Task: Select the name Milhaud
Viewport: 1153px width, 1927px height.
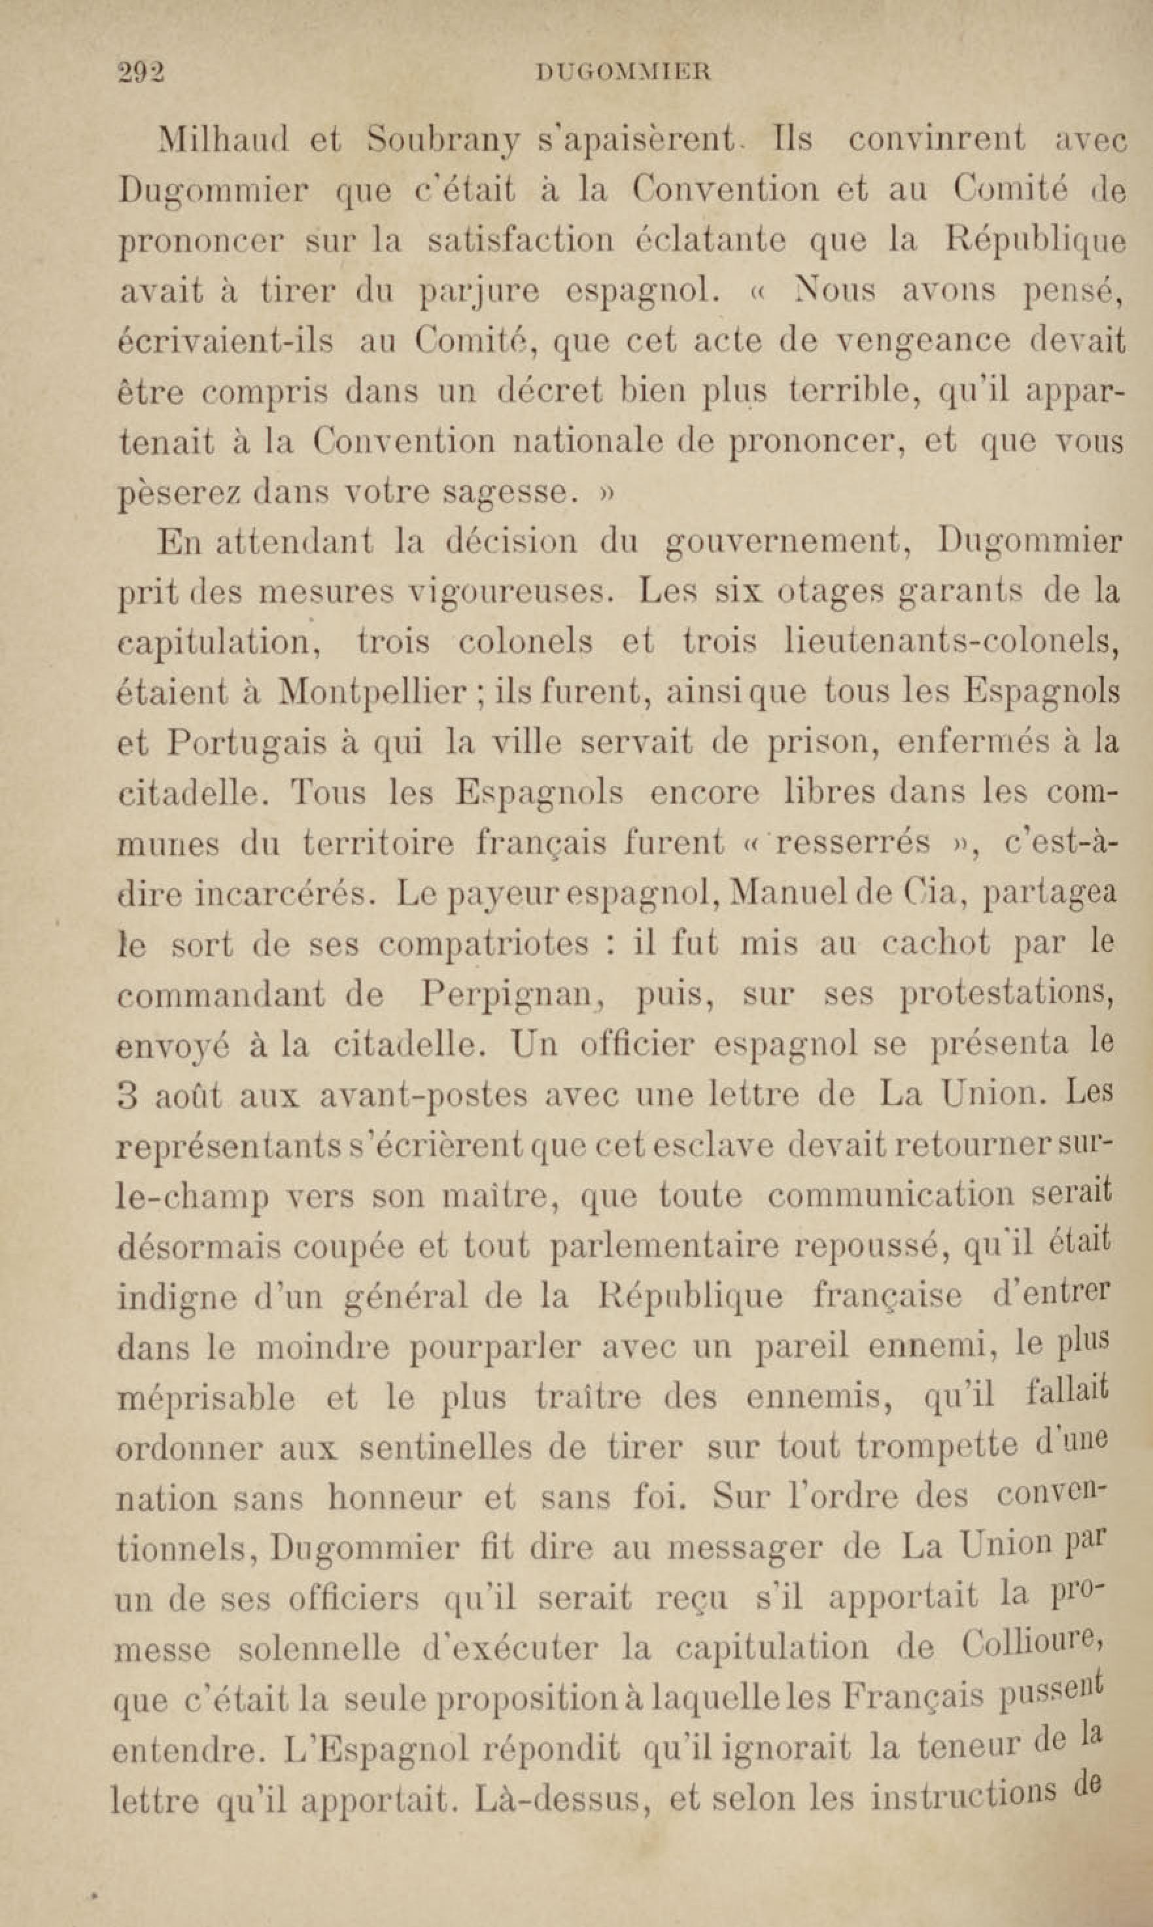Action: [x=224, y=141]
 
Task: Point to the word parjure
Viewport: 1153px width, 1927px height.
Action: [x=479, y=292]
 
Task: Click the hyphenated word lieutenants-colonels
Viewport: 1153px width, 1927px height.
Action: [x=952, y=642]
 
